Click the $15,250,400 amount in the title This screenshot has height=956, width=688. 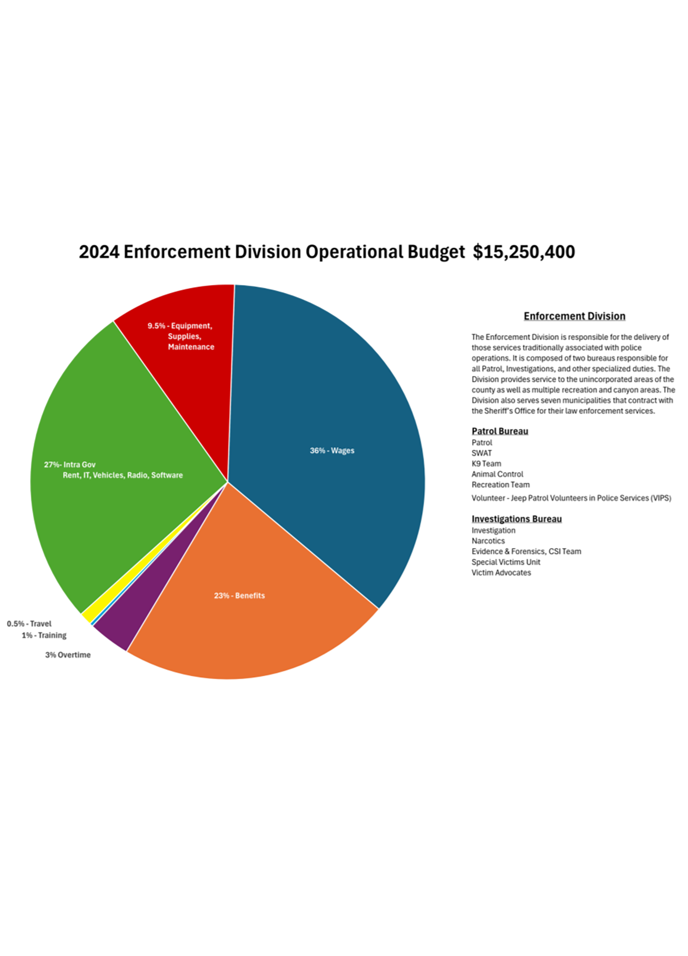coord(524,252)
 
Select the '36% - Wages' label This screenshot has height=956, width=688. coord(332,451)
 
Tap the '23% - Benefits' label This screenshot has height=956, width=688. coord(239,596)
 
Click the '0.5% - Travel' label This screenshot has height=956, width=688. coord(29,624)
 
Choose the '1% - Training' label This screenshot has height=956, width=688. coord(44,635)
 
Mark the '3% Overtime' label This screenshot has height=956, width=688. coord(68,655)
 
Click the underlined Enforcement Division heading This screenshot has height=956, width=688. coord(574,316)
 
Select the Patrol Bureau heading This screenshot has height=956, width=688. coord(500,431)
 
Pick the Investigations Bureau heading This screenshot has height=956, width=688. coord(516,519)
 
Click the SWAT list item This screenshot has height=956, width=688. coord(482,453)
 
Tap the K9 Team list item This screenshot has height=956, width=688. coord(486,464)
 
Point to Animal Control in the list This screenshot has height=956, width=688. coord(497,474)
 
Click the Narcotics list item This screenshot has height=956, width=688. coord(488,541)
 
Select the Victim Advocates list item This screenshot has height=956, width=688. coord(501,573)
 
